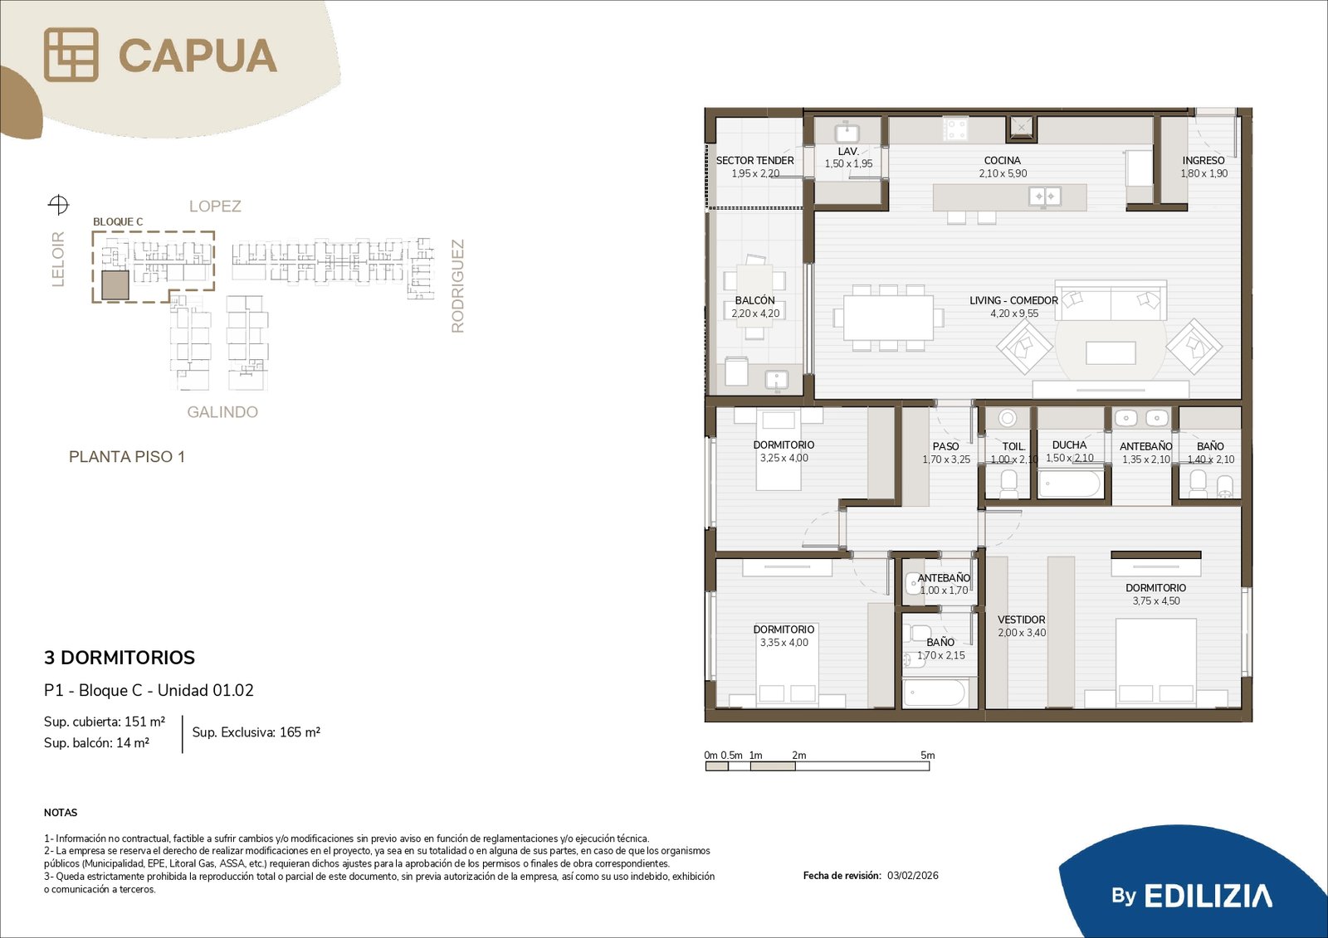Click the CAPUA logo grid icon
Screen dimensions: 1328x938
(x=71, y=55)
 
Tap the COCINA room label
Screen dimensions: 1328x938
(x=1003, y=161)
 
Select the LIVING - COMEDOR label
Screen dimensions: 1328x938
(x=1013, y=300)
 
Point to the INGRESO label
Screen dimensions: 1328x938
(x=1203, y=161)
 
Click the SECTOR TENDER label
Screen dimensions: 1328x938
(x=754, y=161)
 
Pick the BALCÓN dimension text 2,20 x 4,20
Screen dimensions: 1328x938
(x=755, y=313)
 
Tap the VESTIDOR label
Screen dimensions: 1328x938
(x=1022, y=620)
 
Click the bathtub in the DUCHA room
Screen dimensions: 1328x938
(x=1070, y=484)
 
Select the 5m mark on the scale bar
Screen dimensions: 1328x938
(x=928, y=756)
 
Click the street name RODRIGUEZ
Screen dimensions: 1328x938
(x=457, y=286)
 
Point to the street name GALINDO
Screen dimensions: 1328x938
(x=222, y=412)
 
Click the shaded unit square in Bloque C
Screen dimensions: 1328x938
(x=115, y=285)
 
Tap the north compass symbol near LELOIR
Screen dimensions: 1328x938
(x=58, y=205)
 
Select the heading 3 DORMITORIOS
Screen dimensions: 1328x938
(x=120, y=658)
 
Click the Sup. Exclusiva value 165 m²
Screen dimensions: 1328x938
(x=300, y=732)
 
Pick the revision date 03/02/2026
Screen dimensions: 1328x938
(x=913, y=876)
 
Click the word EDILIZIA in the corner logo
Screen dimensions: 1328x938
(x=1208, y=896)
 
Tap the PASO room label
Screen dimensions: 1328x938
(x=945, y=446)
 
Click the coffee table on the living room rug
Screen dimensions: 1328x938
(x=1111, y=353)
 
